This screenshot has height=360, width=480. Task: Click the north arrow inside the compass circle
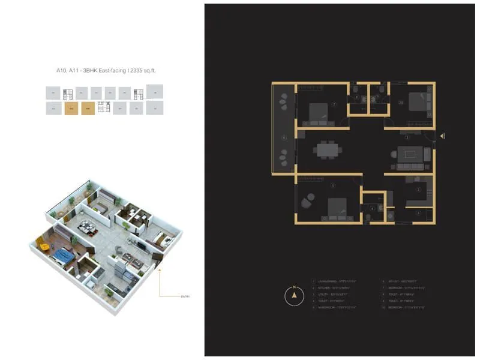[294, 295]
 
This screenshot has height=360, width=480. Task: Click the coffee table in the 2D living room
[410, 154]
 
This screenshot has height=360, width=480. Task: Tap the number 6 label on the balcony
[284, 137]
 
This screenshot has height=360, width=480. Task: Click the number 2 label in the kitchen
[419, 190]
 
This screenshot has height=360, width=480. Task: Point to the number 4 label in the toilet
[373, 208]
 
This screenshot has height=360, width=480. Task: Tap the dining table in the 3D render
[88, 227]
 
